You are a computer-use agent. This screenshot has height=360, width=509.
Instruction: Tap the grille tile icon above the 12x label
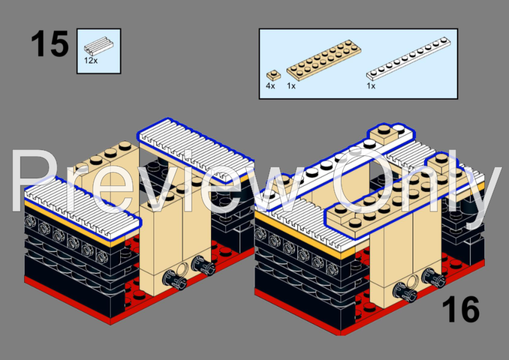click(99, 45)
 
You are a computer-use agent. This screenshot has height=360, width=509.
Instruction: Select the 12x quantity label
click(91, 60)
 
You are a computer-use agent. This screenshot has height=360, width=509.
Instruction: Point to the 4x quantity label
click(270, 86)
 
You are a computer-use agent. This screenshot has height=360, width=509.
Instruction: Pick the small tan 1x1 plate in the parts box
click(273, 75)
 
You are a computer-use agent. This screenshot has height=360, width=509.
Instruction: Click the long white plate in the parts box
click(407, 60)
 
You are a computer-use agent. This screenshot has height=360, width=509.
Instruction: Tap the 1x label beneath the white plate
click(371, 86)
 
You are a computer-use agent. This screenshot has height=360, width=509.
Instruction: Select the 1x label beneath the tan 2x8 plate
click(291, 86)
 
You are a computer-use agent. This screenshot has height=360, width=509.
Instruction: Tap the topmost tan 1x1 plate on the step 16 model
click(390, 134)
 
